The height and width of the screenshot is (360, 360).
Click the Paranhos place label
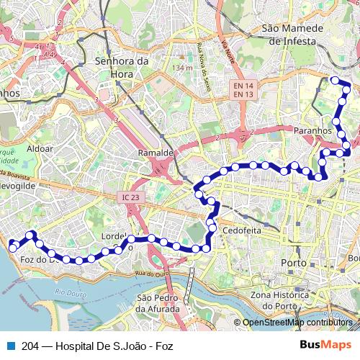pos(312,131)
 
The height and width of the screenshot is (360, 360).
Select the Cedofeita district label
pos(243,231)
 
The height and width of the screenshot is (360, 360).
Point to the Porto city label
pos(295,262)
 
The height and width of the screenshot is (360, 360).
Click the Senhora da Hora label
pos(122,67)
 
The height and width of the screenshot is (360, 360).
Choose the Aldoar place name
pos(40,148)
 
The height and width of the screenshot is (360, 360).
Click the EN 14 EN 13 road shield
pos(242,89)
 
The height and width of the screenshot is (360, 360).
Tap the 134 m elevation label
pos(182,68)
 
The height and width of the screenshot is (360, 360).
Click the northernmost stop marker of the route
pos(334,80)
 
